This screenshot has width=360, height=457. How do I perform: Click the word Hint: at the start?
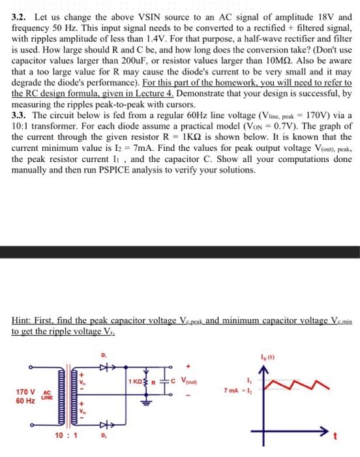pos(23,321)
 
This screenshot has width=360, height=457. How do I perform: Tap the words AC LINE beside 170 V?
pos(47,394)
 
